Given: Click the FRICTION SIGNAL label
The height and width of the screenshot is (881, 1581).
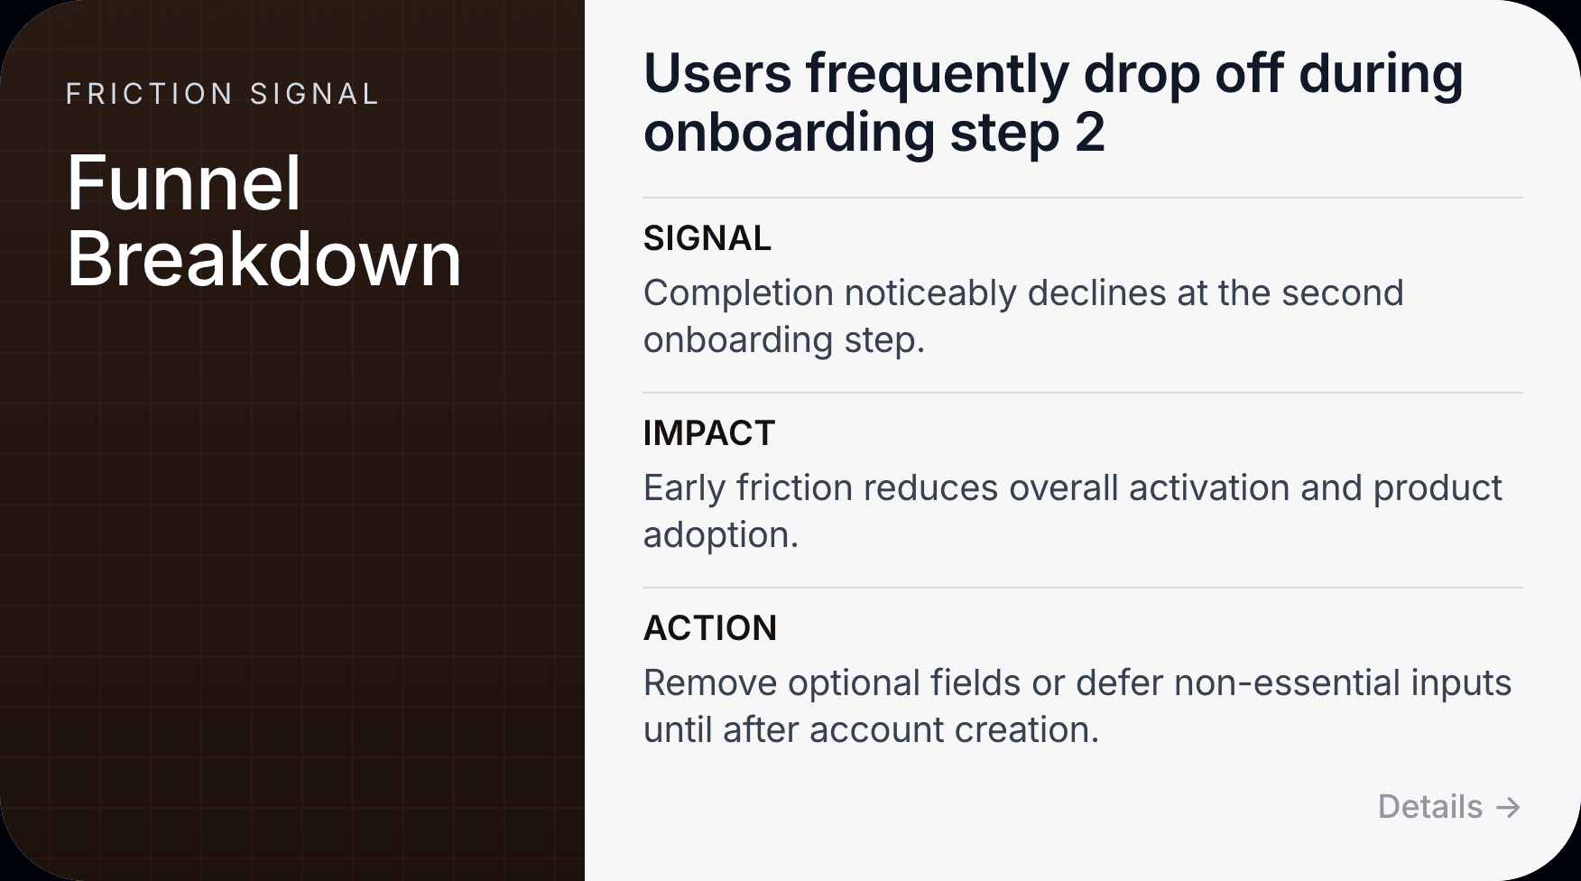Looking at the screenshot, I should [x=222, y=94].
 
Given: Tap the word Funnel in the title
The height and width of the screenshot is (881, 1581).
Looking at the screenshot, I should [x=183, y=183].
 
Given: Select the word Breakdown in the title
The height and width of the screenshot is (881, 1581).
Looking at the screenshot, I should [x=263, y=259].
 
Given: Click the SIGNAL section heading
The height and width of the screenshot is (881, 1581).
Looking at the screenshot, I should [x=707, y=238].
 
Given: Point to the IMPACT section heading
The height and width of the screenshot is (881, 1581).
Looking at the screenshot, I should [x=708, y=433].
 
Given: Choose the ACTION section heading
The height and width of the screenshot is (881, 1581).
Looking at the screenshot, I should [x=709, y=628].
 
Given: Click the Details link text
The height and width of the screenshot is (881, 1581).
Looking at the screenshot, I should [x=1429, y=806].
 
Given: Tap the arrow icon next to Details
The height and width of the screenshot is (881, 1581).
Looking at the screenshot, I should [x=1508, y=807].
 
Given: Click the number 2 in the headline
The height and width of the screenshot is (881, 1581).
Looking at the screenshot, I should [x=1089, y=133].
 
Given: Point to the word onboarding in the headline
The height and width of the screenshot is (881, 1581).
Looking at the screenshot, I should [x=789, y=133].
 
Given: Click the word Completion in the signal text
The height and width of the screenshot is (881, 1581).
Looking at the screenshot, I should [x=738, y=293].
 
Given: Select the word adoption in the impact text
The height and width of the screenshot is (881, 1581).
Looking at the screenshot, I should [x=719, y=535].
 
